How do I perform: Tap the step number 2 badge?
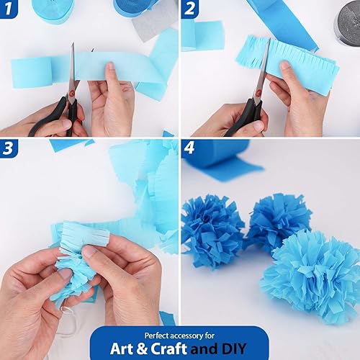tap(190, 9)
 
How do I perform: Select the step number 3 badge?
tap(9, 148)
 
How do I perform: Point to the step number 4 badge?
tap(190, 148)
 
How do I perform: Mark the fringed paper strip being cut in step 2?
tap(288, 61)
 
